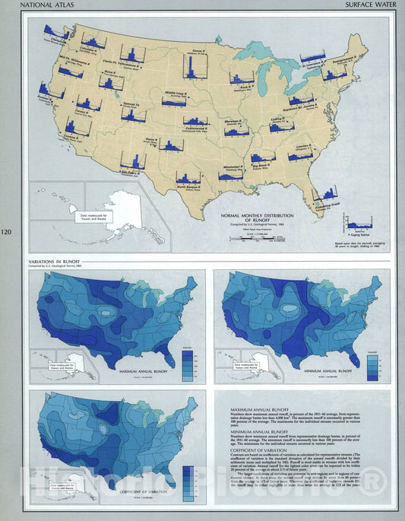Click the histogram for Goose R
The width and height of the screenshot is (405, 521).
pyautogui.click(x=191, y=67)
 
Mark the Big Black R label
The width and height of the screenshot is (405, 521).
pyautogui.click(x=263, y=162)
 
